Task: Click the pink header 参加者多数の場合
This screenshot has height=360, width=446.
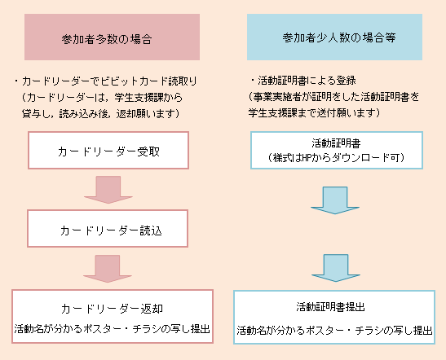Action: pos(112,37)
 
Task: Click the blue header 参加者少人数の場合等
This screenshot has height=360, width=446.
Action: pos(334,37)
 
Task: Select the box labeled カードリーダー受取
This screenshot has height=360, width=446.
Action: pos(108,151)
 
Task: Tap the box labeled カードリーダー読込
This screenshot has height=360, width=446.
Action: pos(108,228)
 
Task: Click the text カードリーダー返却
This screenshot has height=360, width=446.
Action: pos(112,309)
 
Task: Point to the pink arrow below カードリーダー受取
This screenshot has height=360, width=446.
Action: pos(108,190)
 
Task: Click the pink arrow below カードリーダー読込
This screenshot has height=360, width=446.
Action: pos(108,269)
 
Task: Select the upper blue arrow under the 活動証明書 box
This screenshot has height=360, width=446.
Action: pos(335,200)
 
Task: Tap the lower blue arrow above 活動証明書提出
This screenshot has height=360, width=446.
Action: pos(336,268)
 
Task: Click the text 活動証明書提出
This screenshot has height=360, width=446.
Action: pos(330,307)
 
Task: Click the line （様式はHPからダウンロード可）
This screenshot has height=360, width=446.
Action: pos(336,157)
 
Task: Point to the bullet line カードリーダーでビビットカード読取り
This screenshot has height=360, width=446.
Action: pos(106,81)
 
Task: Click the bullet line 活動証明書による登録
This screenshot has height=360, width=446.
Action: pos(303,81)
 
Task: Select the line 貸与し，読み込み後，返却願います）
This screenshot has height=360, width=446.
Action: pos(101,114)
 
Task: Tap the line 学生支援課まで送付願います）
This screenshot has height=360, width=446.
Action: pos(314,112)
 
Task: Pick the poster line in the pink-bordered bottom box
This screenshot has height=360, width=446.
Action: pos(112,329)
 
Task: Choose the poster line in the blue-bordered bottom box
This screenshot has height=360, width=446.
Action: pos(334,330)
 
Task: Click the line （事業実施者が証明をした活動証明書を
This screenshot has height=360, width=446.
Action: pos(333,97)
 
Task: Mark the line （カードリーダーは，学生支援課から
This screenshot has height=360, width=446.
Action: pos(103,98)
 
